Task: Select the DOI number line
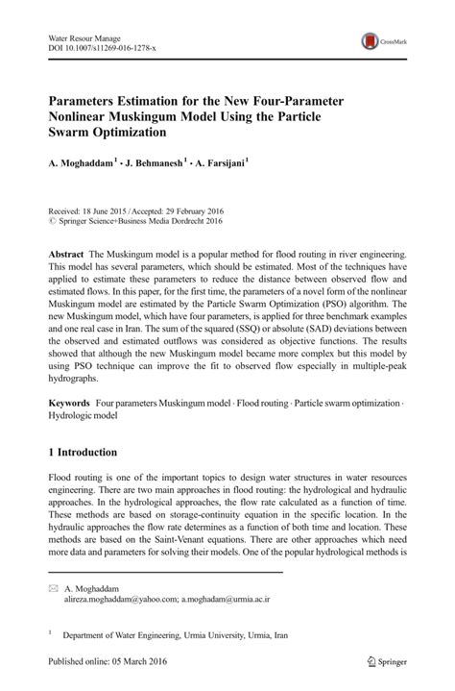coord(102,47)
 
